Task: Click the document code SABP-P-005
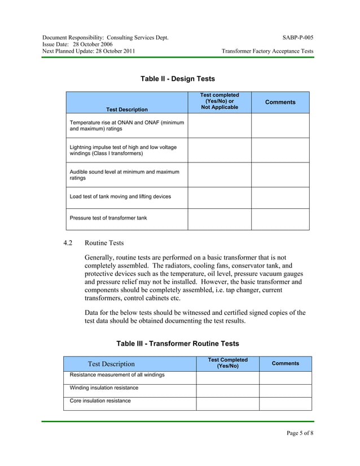coord(298,38)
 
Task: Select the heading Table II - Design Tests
coord(177,79)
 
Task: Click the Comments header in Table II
coord(280,102)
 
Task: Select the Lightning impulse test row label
coord(122,150)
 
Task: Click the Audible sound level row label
coord(124,175)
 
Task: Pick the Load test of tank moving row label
coord(120,197)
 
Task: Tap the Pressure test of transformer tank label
coord(108,218)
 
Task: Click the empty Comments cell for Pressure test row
coord(280,219)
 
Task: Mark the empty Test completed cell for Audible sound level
coord(219,175)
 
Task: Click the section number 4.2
coord(69,243)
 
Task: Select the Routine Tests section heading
coord(104,243)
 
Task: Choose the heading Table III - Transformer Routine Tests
coord(177,344)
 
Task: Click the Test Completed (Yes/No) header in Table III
coord(227,363)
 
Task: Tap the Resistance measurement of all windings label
coord(117,375)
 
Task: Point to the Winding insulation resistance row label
coord(104,388)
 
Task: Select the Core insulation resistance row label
coord(100,401)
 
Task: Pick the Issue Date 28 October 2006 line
coord(77,45)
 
